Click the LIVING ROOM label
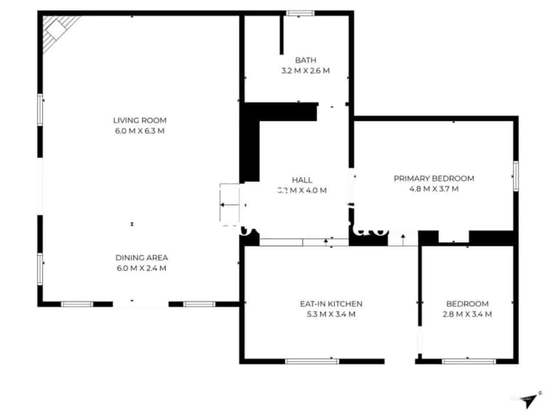pyautogui.click(x=139, y=120)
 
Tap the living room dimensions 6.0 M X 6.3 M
pyautogui.click(x=139, y=131)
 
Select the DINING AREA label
pyautogui.click(x=142, y=258)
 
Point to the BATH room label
pyautogui.click(x=305, y=60)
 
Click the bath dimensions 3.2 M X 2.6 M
pyautogui.click(x=305, y=70)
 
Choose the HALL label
pyautogui.click(x=302, y=180)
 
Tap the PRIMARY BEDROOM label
pyautogui.click(x=434, y=178)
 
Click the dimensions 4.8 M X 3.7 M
pyautogui.click(x=434, y=189)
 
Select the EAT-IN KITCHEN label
pyautogui.click(x=331, y=304)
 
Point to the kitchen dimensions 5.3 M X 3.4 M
pyautogui.click(x=331, y=314)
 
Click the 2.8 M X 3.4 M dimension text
pyautogui.click(x=467, y=314)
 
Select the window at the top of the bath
pyautogui.click(x=300, y=13)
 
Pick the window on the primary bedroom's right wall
pyautogui.click(x=516, y=176)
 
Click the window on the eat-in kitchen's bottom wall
pyautogui.click(x=312, y=361)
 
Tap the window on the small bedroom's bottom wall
pyautogui.click(x=469, y=361)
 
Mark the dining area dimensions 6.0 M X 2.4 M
pyautogui.click(x=142, y=268)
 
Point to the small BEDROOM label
pyautogui.click(x=467, y=304)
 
